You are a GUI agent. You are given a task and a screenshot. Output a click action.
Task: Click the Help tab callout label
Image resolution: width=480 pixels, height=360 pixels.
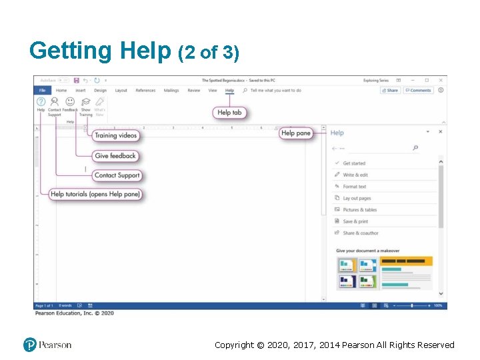(229, 113)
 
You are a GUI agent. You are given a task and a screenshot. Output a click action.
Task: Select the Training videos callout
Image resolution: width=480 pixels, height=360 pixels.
(115, 135)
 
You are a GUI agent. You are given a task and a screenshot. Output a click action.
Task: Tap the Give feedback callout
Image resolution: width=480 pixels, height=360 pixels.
(115, 156)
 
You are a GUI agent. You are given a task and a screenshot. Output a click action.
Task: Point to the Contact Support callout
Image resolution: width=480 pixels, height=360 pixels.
(117, 175)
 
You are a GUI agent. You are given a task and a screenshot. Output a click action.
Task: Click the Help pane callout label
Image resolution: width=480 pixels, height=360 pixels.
(296, 133)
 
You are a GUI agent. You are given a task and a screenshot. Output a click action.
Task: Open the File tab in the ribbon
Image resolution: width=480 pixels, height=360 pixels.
(42, 91)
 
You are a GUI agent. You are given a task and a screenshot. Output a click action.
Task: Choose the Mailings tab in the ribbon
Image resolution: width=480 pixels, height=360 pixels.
(171, 91)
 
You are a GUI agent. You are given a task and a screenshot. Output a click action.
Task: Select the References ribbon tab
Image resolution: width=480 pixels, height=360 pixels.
(145, 91)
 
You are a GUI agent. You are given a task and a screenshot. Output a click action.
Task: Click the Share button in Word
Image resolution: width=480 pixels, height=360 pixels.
(390, 91)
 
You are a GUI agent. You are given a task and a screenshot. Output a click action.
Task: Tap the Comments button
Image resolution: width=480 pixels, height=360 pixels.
(418, 91)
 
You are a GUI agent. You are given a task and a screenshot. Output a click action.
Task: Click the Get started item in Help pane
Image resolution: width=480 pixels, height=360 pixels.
(354, 163)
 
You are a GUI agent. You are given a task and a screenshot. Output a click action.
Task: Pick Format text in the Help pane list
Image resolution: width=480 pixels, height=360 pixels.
(355, 187)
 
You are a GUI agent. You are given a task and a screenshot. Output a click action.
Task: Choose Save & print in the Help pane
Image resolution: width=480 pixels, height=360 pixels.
(355, 221)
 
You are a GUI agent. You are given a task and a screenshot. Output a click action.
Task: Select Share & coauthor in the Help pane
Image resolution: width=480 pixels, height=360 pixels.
(360, 233)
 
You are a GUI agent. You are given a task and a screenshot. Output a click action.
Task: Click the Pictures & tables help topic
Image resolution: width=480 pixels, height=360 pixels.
(359, 210)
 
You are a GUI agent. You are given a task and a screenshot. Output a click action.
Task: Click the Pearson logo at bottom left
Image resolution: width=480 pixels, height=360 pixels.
(47, 345)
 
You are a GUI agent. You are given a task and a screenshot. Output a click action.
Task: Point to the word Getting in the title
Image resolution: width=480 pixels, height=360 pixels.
(71, 51)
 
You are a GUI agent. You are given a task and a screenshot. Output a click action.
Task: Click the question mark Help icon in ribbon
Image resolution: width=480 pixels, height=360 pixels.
(41, 102)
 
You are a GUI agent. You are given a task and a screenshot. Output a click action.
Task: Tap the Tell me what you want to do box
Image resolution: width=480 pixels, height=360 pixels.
(275, 91)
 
